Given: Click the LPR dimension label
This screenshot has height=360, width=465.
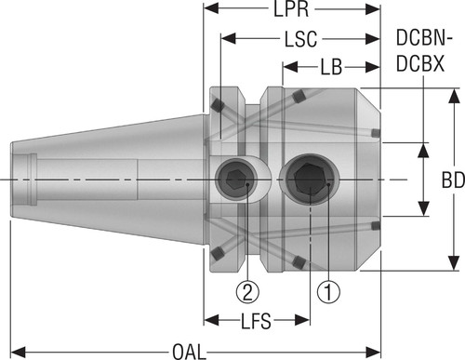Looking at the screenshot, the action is [x=291, y=9].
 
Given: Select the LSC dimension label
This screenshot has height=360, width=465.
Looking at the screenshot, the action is [x=300, y=39].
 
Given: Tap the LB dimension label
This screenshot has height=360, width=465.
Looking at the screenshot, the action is [x=331, y=67].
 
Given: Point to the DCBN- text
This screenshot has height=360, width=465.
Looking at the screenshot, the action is [x=424, y=38].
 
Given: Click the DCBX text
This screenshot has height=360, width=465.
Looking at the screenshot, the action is [x=420, y=64].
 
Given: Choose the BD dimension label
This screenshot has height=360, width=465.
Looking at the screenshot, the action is [x=453, y=180].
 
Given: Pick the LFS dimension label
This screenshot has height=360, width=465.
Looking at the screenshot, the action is [x=256, y=321].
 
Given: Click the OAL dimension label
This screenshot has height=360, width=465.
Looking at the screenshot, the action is [x=189, y=353].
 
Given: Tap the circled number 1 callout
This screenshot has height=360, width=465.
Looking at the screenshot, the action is [x=328, y=292].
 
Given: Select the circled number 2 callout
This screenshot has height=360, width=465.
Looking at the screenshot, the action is [x=247, y=292].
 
